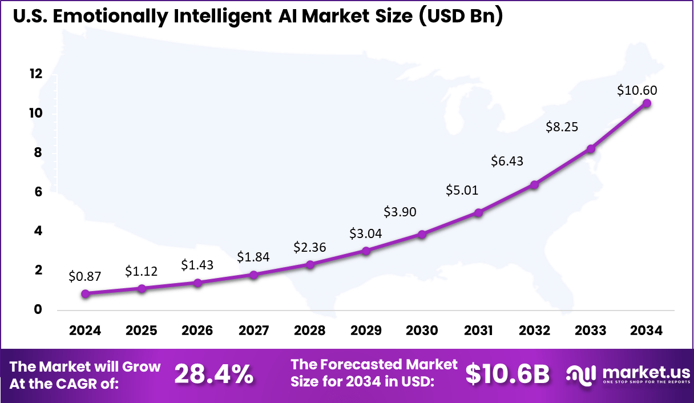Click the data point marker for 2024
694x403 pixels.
pyautogui.click(x=86, y=293)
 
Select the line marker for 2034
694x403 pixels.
pyautogui.click(x=647, y=103)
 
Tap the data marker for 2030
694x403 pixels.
pyautogui.click(x=422, y=234)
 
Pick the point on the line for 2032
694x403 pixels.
pyautogui.click(x=534, y=184)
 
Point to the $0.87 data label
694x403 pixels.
pyautogui.click(x=85, y=277)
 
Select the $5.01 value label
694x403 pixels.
pyautogui.click(x=463, y=190)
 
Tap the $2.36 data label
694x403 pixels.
pyautogui.click(x=310, y=248)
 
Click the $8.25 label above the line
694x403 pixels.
pyautogui.click(x=562, y=127)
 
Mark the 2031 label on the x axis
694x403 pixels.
pyautogui.click(x=478, y=331)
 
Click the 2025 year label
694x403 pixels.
pyautogui.click(x=142, y=331)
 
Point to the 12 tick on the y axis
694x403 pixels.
pyautogui.click(x=36, y=74)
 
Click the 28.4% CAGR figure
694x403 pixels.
pyautogui.click(x=213, y=374)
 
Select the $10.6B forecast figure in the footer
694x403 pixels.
pyautogui.click(x=507, y=374)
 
